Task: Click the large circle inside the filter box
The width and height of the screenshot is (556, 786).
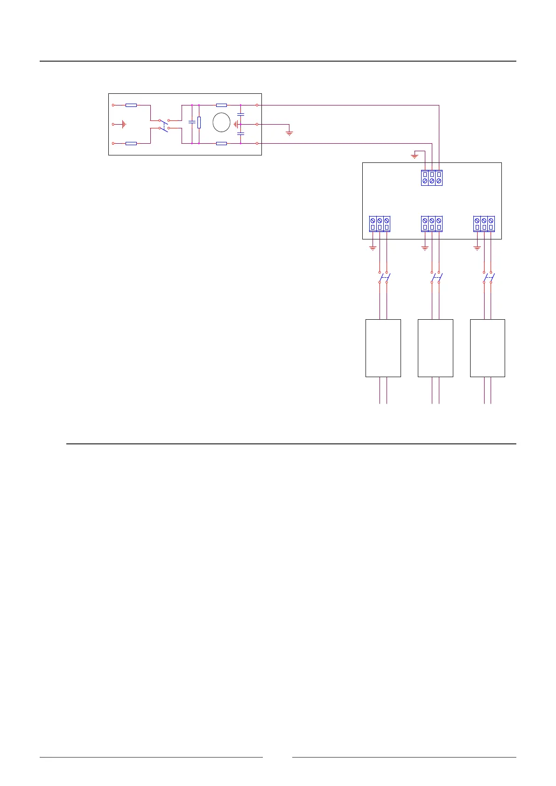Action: pyautogui.click(x=221, y=123)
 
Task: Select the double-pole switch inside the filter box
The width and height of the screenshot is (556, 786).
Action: pyautogui.click(x=163, y=124)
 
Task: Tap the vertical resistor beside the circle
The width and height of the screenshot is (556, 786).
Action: pyautogui.click(x=199, y=122)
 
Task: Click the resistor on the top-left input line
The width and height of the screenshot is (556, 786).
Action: pyautogui.click(x=131, y=105)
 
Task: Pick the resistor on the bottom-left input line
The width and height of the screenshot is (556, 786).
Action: pyautogui.click(x=131, y=143)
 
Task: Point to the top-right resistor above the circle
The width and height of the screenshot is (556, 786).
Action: pyautogui.click(x=221, y=105)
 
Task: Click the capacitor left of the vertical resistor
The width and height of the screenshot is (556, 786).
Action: pyautogui.click(x=192, y=122)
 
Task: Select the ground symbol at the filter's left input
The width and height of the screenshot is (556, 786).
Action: pyautogui.click(x=123, y=125)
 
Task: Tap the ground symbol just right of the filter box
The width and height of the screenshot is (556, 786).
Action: pyautogui.click(x=289, y=133)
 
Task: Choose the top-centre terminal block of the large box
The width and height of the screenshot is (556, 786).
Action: pyautogui.click(x=432, y=178)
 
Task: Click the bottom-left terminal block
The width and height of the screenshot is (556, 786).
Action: pyautogui.click(x=380, y=224)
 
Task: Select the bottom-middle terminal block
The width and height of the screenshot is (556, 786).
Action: pyautogui.click(x=432, y=224)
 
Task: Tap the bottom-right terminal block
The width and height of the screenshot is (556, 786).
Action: pyautogui.click(x=484, y=224)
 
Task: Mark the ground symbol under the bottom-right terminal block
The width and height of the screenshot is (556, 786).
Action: pyautogui.click(x=477, y=248)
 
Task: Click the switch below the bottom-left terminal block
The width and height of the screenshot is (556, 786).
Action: pyautogui.click(x=383, y=277)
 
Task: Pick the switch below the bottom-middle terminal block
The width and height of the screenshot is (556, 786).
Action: pyautogui.click(x=436, y=277)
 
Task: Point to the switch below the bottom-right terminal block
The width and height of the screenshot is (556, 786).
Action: pyautogui.click(x=488, y=277)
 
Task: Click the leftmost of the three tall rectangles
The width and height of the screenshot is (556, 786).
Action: pyautogui.click(x=383, y=348)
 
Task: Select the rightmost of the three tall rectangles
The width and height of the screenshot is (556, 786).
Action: pyautogui.click(x=488, y=348)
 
